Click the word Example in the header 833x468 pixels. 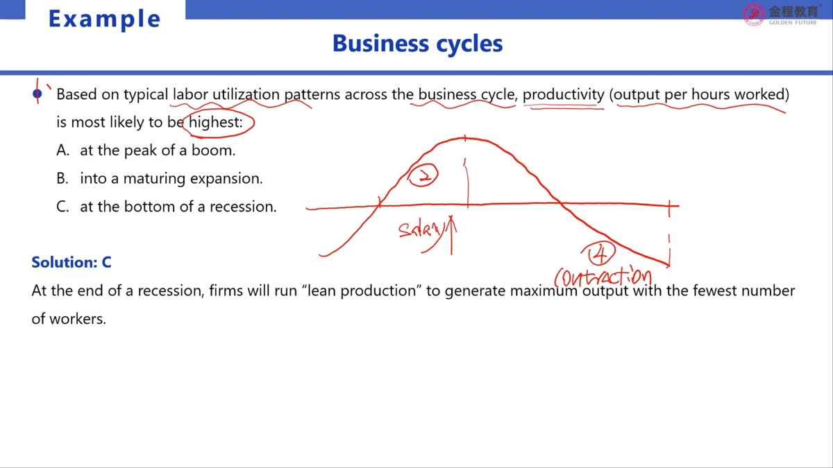tap(105, 19)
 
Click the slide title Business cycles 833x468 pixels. tap(417, 44)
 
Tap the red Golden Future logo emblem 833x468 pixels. tap(753, 15)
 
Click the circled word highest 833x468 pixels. tap(216, 122)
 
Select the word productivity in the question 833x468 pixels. tap(564, 95)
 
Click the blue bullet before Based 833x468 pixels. tap(37, 94)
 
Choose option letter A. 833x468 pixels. tap(63, 150)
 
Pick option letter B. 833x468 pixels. tap(62, 179)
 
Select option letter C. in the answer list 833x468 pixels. tap(62, 207)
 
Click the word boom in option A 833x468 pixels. tap(213, 150)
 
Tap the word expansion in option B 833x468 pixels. tap(226, 180)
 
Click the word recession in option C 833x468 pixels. tap(243, 207)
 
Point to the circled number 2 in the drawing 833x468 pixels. tap(423, 175)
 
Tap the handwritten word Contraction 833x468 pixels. tap(603, 277)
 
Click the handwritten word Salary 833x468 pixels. tap(420, 230)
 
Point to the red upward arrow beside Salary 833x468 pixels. tap(451, 235)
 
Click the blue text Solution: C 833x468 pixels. tap(71, 263)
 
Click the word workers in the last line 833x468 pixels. tap(77, 319)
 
